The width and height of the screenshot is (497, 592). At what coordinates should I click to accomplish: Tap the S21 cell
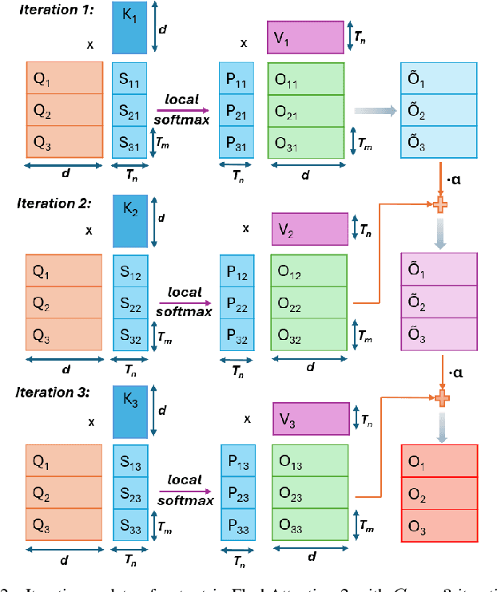tap(130, 110)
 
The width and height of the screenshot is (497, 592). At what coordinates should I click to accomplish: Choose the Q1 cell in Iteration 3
tap(64, 460)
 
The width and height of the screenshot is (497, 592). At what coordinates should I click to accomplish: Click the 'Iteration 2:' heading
tap(54, 203)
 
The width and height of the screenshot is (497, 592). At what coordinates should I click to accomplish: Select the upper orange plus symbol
tap(439, 204)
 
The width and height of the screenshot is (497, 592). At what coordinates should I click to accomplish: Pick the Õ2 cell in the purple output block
tap(439, 304)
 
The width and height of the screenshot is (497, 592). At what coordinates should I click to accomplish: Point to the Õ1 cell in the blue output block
tap(439, 80)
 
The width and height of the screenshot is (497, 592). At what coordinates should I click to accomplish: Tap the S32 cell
tap(130, 335)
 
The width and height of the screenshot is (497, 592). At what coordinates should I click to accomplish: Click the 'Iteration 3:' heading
tap(54, 393)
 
